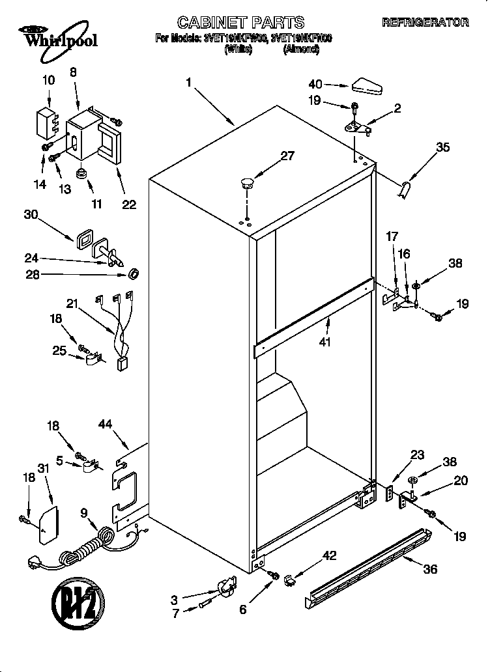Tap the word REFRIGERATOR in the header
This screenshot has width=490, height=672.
(425, 23)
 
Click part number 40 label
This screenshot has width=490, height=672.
(315, 84)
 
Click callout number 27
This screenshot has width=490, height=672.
(287, 156)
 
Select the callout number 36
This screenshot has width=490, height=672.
(429, 568)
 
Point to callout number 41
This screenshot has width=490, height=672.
(324, 339)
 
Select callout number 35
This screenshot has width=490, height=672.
(443, 148)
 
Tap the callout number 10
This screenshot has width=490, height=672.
(48, 81)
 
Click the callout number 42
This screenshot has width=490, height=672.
(330, 555)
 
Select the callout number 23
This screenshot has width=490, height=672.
(416, 455)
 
